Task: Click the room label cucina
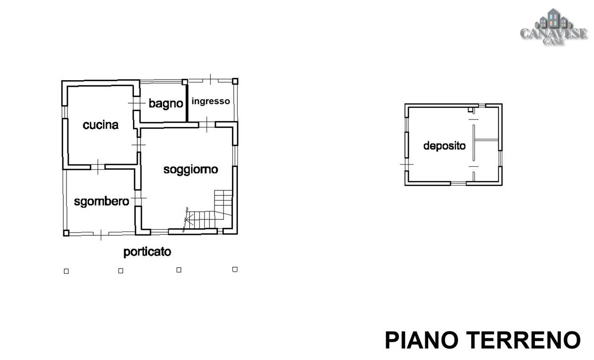point(101,125)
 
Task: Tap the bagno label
point(166,104)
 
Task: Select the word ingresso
point(210,101)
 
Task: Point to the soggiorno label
point(191,170)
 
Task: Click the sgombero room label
point(102,202)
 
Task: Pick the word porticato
point(147,252)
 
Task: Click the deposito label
point(445,146)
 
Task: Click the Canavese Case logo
point(553,27)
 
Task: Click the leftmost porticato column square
point(67,271)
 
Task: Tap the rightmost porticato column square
point(235,269)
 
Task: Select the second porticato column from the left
point(121,270)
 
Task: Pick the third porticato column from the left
point(179,270)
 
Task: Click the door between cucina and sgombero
point(98,167)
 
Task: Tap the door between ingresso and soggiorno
point(207,124)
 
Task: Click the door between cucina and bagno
point(137,103)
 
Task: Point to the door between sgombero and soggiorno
point(138,198)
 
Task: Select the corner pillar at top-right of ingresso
point(235,81)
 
